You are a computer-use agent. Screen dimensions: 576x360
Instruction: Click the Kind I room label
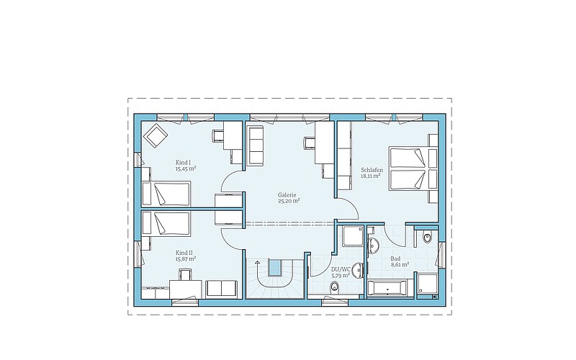click(184, 163)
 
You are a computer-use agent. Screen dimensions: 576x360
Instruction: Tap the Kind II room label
click(184, 253)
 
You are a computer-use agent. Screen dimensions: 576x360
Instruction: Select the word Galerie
click(287, 195)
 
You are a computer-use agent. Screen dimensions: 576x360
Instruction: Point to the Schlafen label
click(372, 170)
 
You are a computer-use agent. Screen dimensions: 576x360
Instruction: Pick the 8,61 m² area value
click(400, 264)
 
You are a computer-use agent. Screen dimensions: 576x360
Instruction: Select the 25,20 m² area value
click(289, 201)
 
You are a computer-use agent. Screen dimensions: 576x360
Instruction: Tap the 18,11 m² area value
click(370, 176)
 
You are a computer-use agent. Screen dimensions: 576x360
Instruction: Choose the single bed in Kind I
click(166, 193)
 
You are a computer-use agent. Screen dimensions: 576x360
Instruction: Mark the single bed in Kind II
click(166, 223)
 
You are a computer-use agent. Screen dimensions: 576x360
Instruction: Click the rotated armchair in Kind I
click(156, 135)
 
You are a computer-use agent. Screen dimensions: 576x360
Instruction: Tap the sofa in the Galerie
click(256, 145)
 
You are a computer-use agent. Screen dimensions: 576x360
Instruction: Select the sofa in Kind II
click(221, 289)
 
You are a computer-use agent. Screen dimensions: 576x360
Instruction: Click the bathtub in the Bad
click(387, 287)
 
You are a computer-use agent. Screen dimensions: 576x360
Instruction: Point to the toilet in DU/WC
click(334, 286)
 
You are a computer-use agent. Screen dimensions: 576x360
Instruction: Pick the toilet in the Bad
click(427, 238)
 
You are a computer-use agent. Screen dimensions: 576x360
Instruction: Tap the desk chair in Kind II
click(186, 274)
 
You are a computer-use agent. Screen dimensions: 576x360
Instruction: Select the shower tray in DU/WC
click(353, 236)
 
